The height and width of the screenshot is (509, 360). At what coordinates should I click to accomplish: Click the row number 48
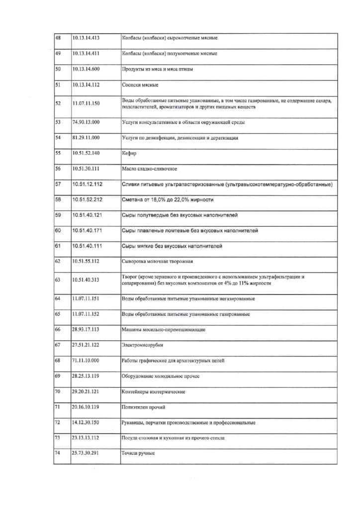tap(57, 37)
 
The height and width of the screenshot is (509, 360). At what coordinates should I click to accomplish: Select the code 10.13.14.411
tap(86, 53)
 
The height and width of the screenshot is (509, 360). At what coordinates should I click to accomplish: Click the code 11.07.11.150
tap(86, 103)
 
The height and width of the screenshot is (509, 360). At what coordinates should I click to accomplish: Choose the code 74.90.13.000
tap(86, 122)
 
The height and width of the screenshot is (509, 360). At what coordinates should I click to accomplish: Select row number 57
tap(57, 184)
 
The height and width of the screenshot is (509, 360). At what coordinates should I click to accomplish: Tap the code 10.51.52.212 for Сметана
tap(87, 200)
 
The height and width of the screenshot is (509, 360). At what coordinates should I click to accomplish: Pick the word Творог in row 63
tap(130, 276)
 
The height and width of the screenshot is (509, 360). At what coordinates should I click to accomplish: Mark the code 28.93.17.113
tap(86, 330)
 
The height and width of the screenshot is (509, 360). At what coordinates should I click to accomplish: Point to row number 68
tap(57, 360)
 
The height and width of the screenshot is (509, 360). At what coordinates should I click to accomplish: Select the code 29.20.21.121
tap(86, 392)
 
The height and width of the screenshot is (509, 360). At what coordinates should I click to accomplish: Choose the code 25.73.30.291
tap(86, 453)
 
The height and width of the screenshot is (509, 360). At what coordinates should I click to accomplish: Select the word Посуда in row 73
tap(131, 438)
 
